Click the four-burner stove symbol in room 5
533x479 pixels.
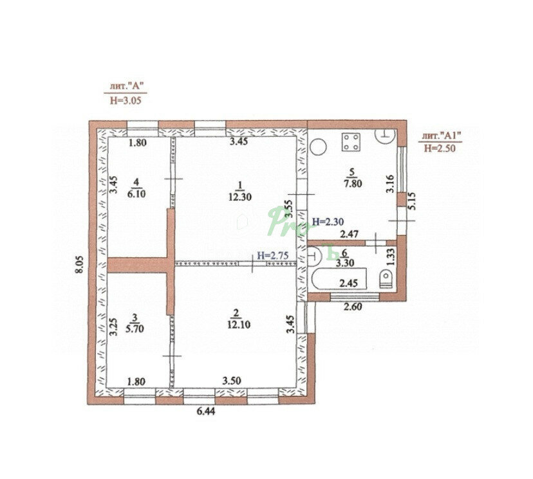pos(351,141)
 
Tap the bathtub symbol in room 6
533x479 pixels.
pos(339,278)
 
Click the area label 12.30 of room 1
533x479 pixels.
pos(240,197)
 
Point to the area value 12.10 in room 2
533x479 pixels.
pos(239,325)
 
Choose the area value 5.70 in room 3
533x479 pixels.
pos(135,329)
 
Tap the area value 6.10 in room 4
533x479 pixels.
pos(136,194)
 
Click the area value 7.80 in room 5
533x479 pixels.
pos(353,184)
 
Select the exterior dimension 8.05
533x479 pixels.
pos(79,264)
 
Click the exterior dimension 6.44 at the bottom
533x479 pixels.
pos(206,411)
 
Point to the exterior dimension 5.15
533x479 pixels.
pos(411,201)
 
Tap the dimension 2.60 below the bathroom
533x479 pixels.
pos(353,307)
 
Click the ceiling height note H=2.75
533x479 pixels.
pos(273,255)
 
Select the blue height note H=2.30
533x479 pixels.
pos(328,222)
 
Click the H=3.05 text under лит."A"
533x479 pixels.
pos(126,100)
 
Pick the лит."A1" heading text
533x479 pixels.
pos(442,136)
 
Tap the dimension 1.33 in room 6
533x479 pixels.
pos(391,257)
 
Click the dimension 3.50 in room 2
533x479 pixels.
pos(232,381)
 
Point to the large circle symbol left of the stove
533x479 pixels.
pos(318,147)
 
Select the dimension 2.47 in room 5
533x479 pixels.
pos(350,233)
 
